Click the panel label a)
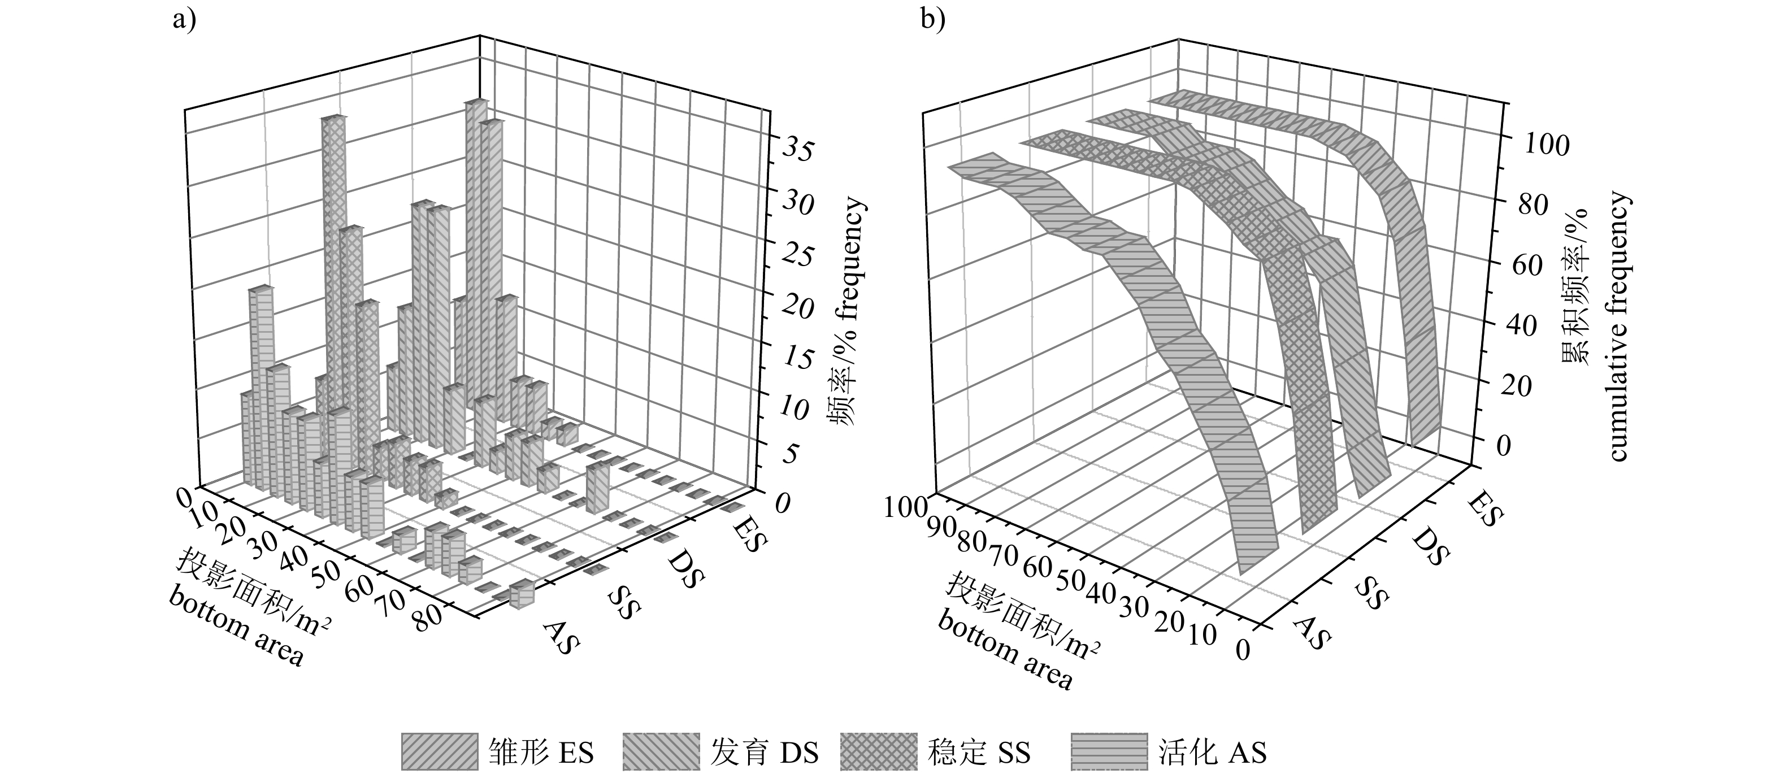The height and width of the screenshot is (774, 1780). (x=184, y=21)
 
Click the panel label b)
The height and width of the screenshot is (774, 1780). (x=932, y=21)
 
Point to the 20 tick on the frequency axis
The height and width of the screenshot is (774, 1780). (x=797, y=306)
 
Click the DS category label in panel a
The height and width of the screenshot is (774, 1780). (x=684, y=569)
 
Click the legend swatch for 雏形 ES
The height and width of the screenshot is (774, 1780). (x=440, y=751)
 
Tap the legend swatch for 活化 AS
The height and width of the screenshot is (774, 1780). (x=1109, y=751)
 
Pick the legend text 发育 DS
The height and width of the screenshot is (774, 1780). (x=763, y=752)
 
